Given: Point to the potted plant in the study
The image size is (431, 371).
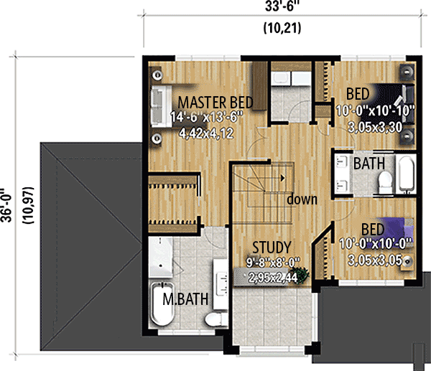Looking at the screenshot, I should [x=305, y=274].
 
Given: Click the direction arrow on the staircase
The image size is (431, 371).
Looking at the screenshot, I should [x=284, y=175].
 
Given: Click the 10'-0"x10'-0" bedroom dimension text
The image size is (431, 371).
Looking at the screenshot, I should [x=371, y=244].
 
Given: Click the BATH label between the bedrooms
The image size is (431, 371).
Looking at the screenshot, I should [x=369, y=164].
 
